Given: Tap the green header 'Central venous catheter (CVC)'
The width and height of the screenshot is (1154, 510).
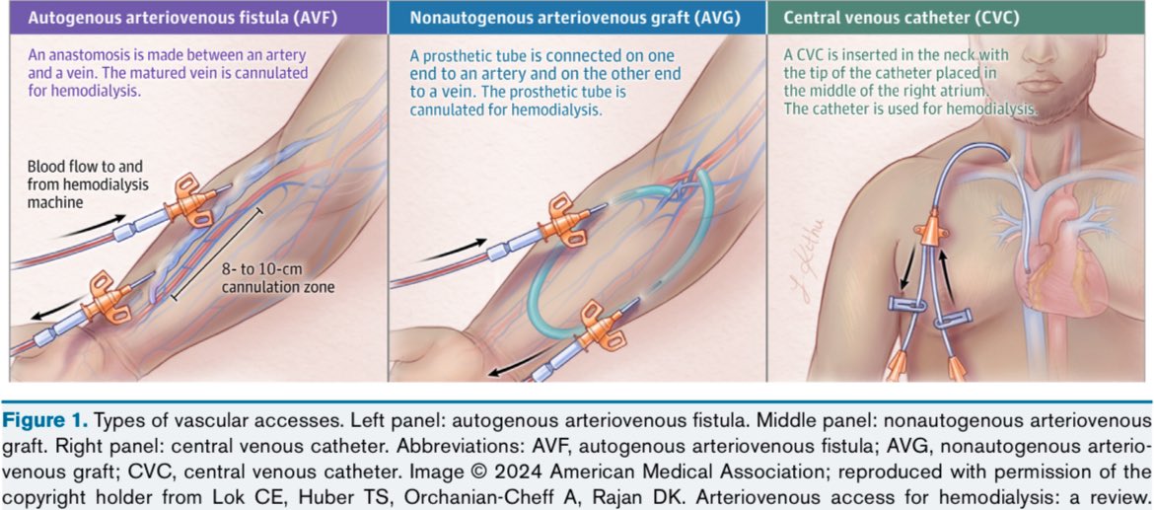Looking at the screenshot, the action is tap(901, 18).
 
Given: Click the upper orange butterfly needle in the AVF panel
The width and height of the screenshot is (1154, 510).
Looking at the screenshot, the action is tap(190, 200).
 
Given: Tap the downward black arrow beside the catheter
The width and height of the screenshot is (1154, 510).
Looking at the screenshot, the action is tap(906, 268).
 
